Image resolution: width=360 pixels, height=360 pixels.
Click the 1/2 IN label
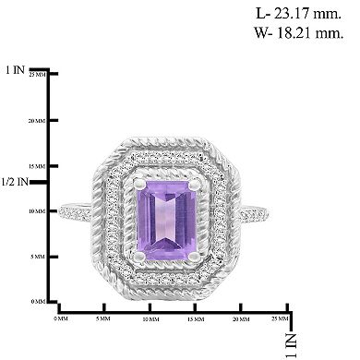pyautogui.click(x=15, y=182)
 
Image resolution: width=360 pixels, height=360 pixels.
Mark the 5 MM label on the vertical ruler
pyautogui.click(x=36, y=256)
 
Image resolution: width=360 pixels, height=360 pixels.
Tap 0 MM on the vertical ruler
pyautogui.click(x=36, y=301)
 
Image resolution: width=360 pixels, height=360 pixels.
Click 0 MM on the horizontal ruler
pyautogui.click(x=61, y=318)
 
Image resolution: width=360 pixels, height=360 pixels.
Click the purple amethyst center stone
pyautogui.click(x=163, y=211)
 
